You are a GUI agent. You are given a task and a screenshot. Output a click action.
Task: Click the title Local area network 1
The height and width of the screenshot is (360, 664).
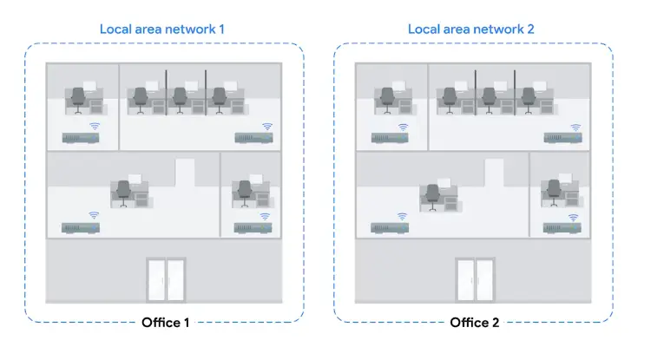(162, 29)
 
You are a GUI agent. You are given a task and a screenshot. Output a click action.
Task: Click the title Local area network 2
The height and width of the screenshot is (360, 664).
(471, 29)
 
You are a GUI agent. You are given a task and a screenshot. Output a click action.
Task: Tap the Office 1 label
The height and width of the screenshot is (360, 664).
(165, 323)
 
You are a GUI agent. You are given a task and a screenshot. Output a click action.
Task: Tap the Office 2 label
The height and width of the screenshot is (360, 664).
(474, 323)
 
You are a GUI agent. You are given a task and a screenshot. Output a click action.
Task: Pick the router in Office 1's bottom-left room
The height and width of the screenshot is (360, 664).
(79, 227)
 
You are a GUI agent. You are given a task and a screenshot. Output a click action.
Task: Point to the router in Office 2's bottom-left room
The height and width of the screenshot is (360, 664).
(389, 227)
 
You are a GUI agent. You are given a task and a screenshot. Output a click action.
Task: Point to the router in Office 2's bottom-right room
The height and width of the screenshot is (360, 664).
(562, 227)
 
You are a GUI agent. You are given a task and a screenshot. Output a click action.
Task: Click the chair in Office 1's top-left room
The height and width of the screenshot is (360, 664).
(78, 99)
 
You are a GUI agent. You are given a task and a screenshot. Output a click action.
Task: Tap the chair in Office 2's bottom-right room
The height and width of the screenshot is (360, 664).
(553, 193)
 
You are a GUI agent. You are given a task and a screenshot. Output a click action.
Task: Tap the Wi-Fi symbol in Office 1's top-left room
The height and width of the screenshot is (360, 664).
(94, 127)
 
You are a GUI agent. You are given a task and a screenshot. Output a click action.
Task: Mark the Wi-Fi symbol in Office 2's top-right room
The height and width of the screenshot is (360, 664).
(575, 127)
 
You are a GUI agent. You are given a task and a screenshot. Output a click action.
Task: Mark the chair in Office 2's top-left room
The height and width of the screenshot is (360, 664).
(387, 99)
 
